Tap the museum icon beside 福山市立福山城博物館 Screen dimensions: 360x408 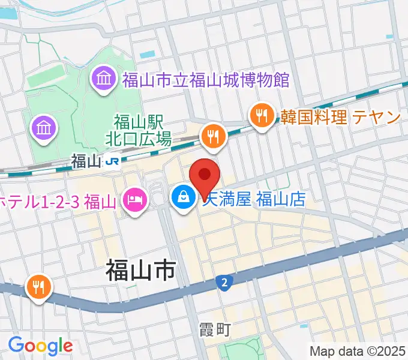[104, 79]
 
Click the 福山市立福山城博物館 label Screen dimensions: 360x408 [206, 79]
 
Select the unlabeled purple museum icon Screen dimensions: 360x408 [46, 127]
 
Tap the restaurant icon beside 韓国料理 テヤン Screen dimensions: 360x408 [262, 115]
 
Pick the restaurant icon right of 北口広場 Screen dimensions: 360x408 [212, 136]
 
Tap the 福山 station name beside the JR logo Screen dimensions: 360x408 [85, 161]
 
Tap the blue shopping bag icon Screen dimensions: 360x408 [182, 196]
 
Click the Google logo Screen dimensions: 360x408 [40, 346]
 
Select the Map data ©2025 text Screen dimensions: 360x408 [357, 350]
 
